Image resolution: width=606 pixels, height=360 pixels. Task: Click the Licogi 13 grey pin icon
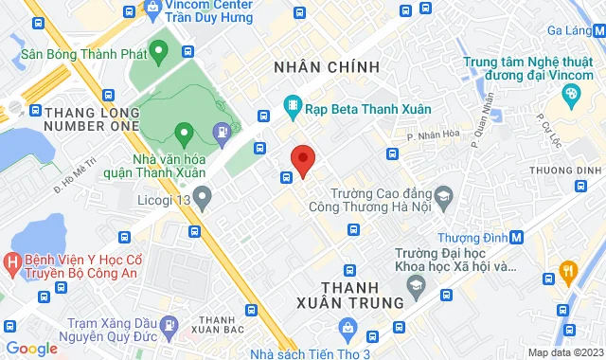click(202, 197)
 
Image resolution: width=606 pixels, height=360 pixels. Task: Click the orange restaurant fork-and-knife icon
click(568, 273)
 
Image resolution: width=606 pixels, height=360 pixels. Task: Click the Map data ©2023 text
click(563, 352)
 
